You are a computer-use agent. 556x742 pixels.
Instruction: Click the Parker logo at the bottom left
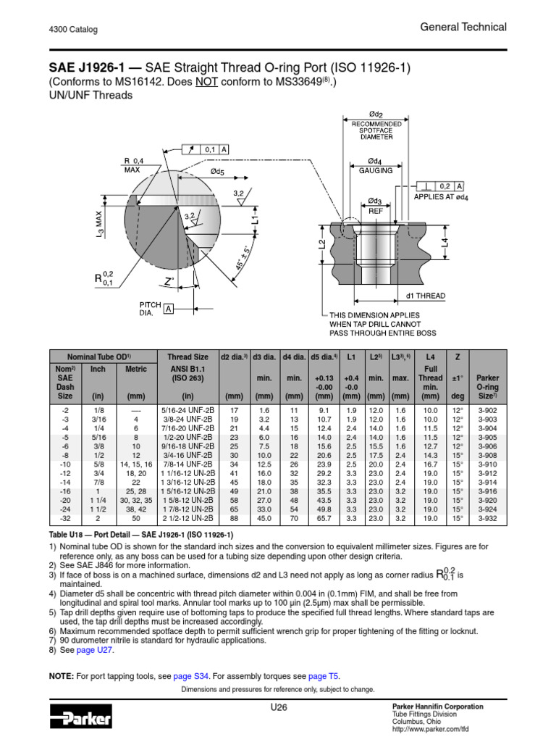tap(80, 719)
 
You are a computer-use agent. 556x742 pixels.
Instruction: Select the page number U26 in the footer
tap(277, 707)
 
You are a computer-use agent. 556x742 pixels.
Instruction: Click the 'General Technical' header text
tap(463, 27)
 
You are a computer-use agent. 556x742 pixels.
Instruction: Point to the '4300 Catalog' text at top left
tap(73, 30)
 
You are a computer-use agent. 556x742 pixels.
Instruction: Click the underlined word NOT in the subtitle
tap(206, 82)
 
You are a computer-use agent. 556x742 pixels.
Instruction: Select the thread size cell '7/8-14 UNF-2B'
tap(188, 464)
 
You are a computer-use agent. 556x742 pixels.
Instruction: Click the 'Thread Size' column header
tap(188, 357)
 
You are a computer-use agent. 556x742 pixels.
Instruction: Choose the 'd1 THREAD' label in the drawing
tap(426, 296)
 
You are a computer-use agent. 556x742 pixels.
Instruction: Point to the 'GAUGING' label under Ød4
tap(376, 170)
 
